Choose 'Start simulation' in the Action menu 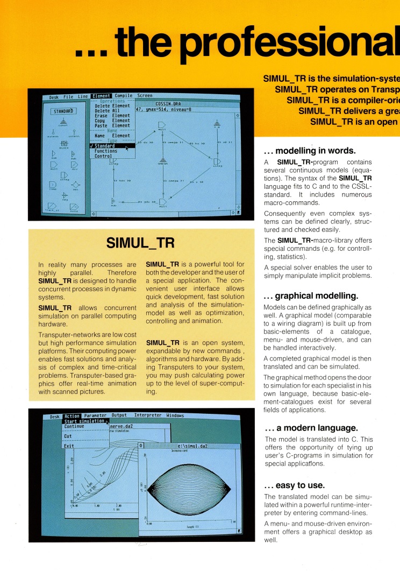click(x=84, y=421)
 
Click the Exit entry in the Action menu click(x=69, y=446)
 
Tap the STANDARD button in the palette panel click(x=64, y=111)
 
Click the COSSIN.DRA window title click(x=168, y=103)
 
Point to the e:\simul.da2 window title click(x=189, y=446)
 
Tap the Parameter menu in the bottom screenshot click(x=95, y=415)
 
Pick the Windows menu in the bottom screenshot click(x=175, y=415)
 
